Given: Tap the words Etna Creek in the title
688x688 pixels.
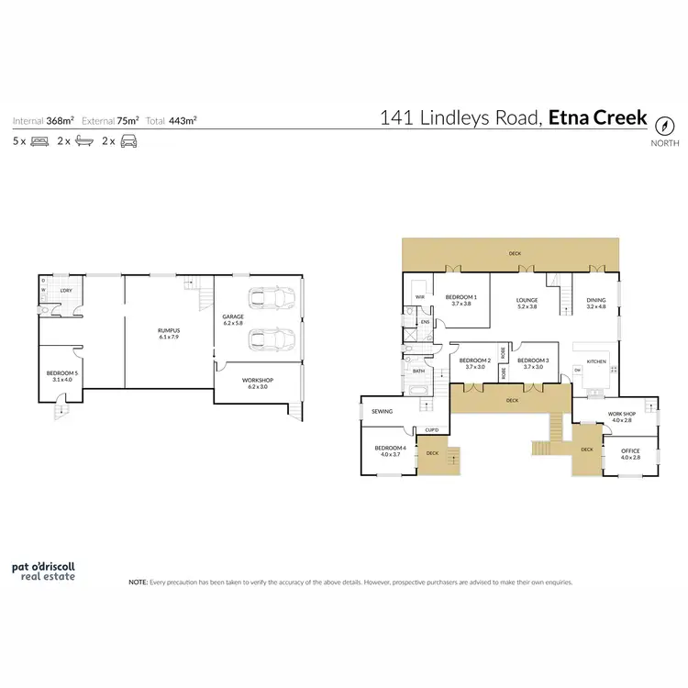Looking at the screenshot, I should [x=598, y=118].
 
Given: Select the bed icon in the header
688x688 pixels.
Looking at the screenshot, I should [x=39, y=141].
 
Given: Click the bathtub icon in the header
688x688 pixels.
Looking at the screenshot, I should [x=83, y=141].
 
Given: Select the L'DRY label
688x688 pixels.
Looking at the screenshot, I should [x=65, y=291].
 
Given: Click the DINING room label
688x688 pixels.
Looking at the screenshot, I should [x=596, y=299].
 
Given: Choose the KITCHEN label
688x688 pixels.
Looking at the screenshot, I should [x=596, y=361].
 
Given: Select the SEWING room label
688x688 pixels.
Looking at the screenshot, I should [x=382, y=412].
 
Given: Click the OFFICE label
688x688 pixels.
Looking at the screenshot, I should [x=630, y=452].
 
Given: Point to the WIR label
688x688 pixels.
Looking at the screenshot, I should [x=419, y=297].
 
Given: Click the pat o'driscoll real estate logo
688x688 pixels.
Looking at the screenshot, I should [x=43, y=571].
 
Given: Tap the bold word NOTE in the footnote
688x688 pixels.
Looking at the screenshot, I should [x=138, y=582].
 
